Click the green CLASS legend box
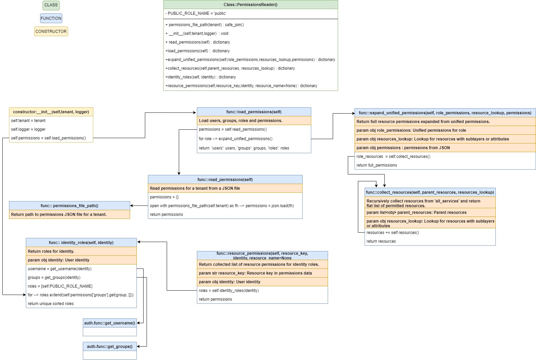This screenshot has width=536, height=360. (51, 5)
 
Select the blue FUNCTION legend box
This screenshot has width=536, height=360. (51, 18)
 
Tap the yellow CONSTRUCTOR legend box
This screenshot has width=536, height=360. (51, 32)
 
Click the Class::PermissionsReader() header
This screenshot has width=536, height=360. (251, 5)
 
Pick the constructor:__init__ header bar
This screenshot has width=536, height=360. (51, 112)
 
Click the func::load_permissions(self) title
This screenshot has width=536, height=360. (254, 112)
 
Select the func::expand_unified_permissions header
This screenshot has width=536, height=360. (445, 113)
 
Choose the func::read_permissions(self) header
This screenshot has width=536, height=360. (225, 180)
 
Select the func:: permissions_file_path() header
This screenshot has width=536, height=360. (69, 206)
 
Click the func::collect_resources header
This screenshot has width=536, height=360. (430, 192)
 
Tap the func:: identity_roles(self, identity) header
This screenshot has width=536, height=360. (81, 243)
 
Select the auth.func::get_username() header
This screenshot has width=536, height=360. (110, 323)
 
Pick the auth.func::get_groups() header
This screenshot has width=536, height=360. (110, 347)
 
